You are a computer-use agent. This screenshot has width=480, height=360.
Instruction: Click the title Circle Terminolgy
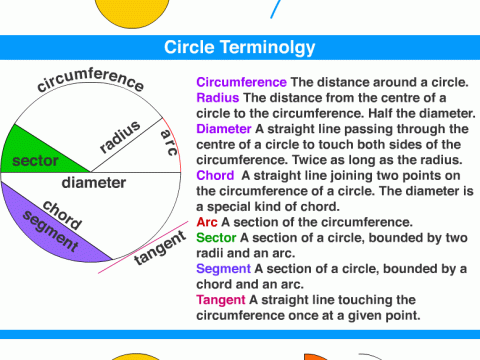[240, 48]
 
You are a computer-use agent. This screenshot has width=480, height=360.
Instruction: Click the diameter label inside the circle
[93, 183]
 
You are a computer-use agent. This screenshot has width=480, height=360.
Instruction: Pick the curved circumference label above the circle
[90, 87]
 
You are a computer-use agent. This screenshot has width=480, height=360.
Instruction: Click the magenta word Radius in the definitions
[217, 97]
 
